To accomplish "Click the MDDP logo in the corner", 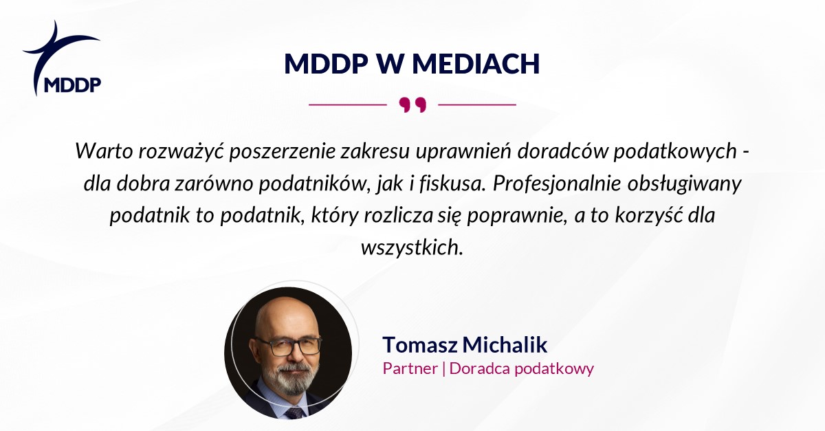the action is [x=62, y=58].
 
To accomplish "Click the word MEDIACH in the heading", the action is [x=476, y=64].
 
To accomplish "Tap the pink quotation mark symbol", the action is [x=412, y=105].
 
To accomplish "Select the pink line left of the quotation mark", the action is [x=348, y=104].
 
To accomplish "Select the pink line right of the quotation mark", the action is [x=477, y=104].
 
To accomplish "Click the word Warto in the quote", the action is [x=104, y=151].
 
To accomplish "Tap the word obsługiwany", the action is [x=684, y=184].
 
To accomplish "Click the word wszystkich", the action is [x=412, y=247].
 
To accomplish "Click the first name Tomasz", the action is [x=420, y=345].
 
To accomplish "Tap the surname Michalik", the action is [x=505, y=344].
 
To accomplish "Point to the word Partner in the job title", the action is [x=410, y=368].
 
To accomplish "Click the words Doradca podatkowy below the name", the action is [x=522, y=368].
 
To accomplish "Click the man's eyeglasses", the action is [x=288, y=346].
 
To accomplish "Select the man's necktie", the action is [x=295, y=412].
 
